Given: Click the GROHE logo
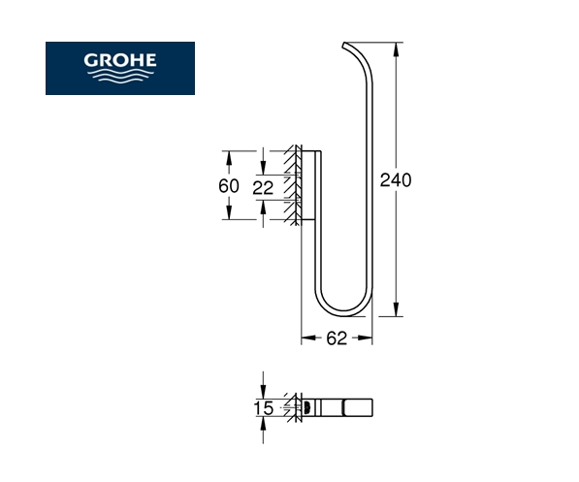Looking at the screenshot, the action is tap(120, 68).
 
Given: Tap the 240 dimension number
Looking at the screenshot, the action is tap(396, 180).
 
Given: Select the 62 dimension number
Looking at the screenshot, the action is tap(337, 337).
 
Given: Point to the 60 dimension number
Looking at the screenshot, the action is tap(229, 186).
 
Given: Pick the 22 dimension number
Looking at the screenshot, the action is tap(263, 188).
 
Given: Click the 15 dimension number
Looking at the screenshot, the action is tap(264, 408).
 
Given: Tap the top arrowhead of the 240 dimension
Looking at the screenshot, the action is tap(397, 49).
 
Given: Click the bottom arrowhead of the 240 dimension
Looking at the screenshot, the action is tap(397, 309).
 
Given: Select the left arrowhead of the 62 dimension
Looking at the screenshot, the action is tap(308, 337).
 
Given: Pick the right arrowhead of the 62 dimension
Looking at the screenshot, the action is tap(366, 337).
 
